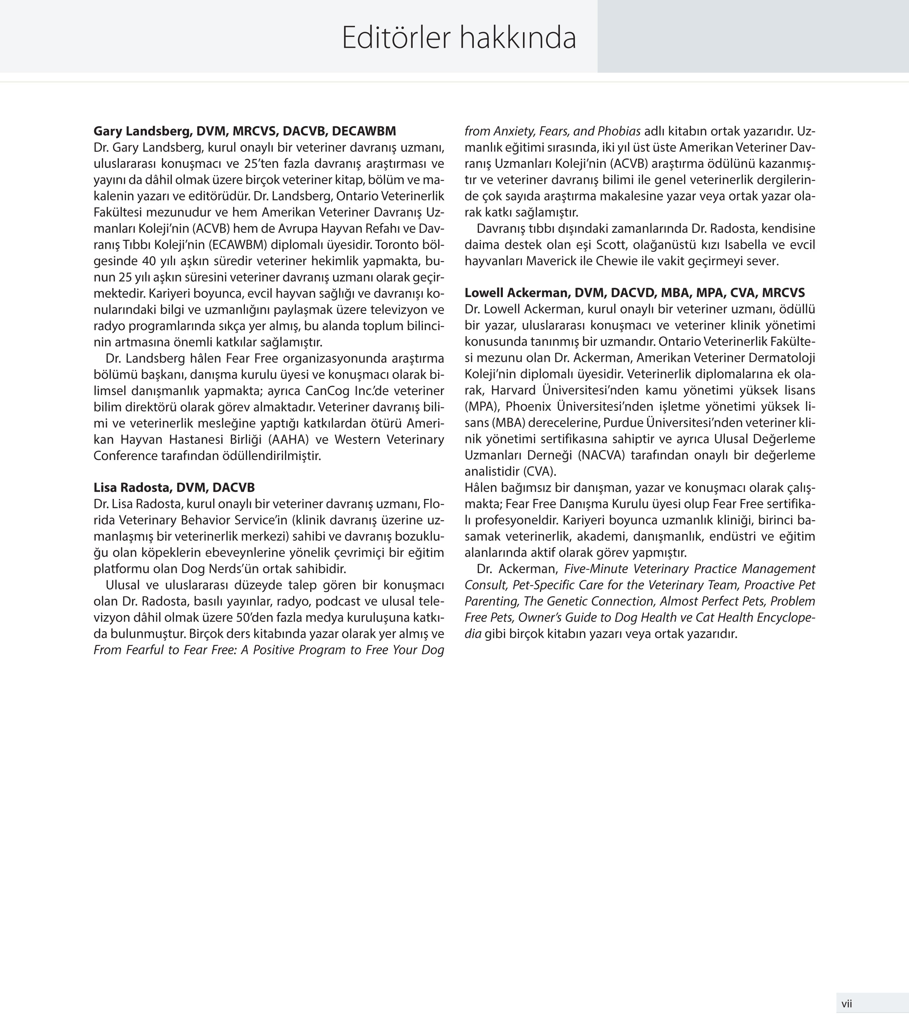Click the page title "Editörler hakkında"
(x=458, y=38)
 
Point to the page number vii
(x=846, y=1003)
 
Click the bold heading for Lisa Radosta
(x=174, y=487)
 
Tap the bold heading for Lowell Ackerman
(x=634, y=293)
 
